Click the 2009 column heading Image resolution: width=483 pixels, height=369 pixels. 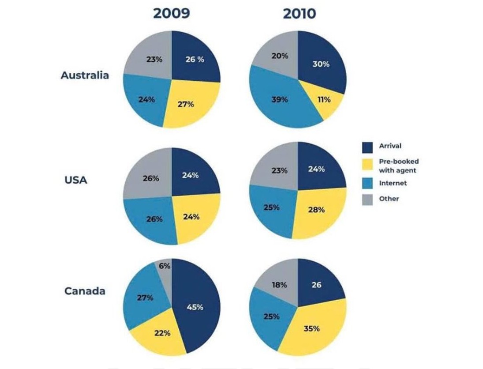(171, 14)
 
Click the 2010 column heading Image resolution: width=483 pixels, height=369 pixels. (300, 14)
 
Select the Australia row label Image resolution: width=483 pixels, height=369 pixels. (85, 75)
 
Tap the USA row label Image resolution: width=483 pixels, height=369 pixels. (76, 180)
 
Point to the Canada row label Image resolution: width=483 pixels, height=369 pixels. (85, 291)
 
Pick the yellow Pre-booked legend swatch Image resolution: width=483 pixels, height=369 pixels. (367, 165)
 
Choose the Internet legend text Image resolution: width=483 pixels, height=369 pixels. (393, 183)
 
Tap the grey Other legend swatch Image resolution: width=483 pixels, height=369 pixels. (367, 199)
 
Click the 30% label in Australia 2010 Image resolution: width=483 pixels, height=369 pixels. (321, 64)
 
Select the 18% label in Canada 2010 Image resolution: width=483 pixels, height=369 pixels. (280, 285)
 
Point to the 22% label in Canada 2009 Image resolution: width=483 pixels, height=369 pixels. (162, 333)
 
